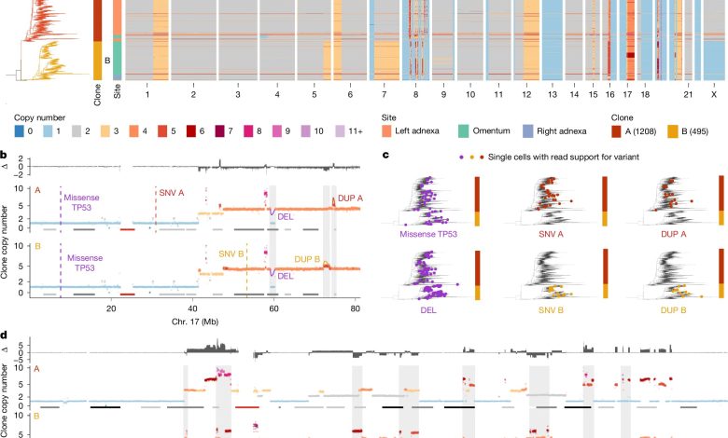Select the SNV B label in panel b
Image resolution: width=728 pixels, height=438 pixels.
pos(232,253)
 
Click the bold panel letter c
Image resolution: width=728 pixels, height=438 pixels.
pos(386,155)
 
